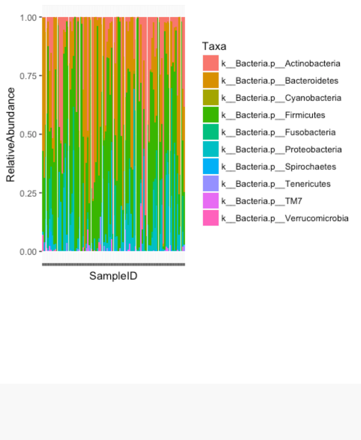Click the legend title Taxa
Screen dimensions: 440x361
(x=214, y=47)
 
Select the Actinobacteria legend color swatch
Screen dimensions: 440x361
(x=210, y=63)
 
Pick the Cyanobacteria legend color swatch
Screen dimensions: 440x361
(x=210, y=98)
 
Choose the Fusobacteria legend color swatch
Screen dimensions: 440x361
(x=210, y=132)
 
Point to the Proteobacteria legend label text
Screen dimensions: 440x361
(x=281, y=149)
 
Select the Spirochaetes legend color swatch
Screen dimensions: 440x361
(x=210, y=167)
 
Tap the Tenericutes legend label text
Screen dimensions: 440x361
(x=276, y=184)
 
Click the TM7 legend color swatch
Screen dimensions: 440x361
(x=210, y=201)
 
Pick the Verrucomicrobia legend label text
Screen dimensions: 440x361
(x=285, y=218)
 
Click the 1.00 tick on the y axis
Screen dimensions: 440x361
(x=29, y=18)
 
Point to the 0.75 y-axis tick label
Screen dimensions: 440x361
(x=29, y=76)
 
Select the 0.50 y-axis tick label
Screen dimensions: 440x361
(x=29, y=134)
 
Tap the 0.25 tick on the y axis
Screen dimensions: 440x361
(x=29, y=193)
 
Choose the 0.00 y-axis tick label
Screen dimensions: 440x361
(x=29, y=252)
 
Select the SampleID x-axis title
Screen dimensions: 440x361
(x=113, y=276)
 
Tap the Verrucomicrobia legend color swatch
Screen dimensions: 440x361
(x=210, y=218)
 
